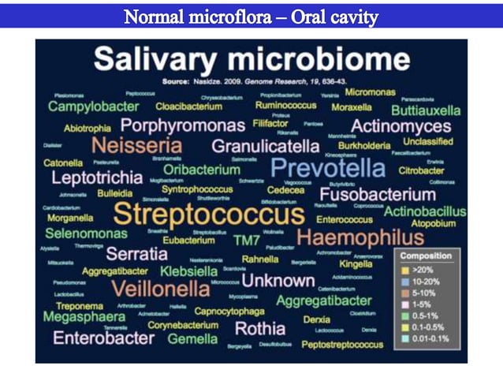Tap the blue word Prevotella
(327, 167)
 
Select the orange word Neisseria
(136, 145)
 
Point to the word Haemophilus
(360, 237)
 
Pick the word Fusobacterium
(378, 194)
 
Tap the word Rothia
(260, 328)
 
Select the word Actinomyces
(401, 126)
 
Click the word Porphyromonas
(183, 125)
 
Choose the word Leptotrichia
(97, 177)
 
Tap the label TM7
(247, 241)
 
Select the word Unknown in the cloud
(278, 280)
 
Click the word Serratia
(136, 254)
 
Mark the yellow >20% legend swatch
(405, 270)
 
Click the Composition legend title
(426, 256)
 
